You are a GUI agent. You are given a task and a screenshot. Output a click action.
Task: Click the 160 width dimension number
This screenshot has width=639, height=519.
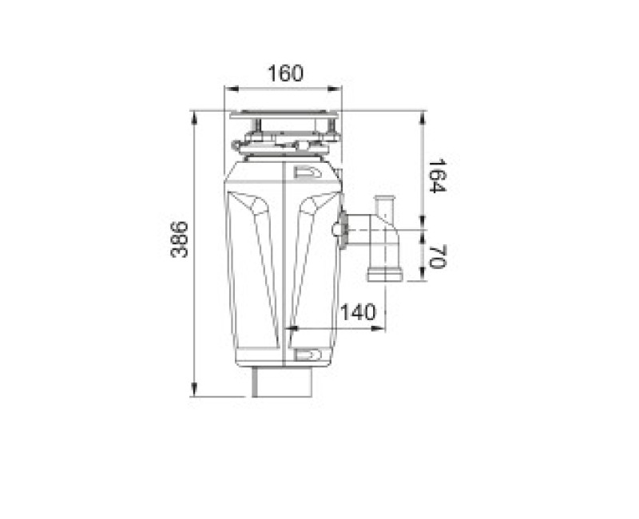[285, 74]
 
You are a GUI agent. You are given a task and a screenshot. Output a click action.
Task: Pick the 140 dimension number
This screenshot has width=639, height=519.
[356, 313]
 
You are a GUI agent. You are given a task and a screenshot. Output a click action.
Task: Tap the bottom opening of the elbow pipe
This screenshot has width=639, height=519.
[385, 276]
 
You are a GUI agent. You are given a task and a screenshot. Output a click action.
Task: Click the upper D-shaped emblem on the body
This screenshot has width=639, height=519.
[308, 170]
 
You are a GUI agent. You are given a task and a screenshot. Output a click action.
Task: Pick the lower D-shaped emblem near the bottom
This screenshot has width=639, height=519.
[308, 355]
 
